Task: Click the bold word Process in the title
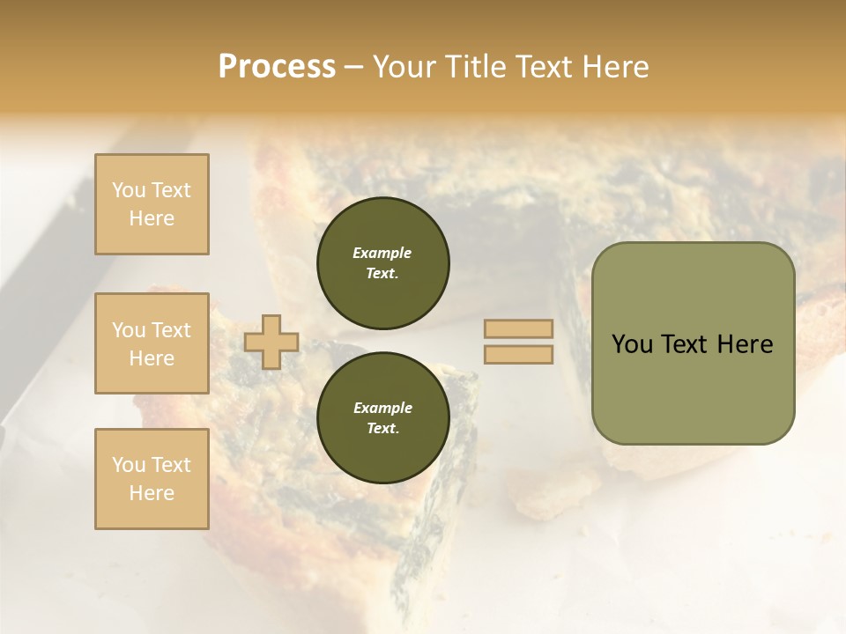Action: [x=277, y=67]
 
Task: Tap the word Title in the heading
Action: [x=484, y=67]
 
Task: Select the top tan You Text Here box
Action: [x=152, y=204]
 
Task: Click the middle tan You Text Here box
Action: [x=152, y=343]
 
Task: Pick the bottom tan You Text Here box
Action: [x=152, y=479]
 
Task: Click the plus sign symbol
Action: [x=271, y=342]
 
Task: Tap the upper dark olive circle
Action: [x=382, y=263]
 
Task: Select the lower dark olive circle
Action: [x=382, y=418]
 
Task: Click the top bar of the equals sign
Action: [x=518, y=328]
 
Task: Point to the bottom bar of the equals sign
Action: [x=518, y=354]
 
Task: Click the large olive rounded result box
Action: [x=693, y=343]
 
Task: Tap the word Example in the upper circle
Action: [x=382, y=253]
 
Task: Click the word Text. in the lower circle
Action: [x=382, y=429]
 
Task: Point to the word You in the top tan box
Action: [x=129, y=190]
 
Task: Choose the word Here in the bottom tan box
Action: [x=152, y=493]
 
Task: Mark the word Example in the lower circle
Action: [x=382, y=408]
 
